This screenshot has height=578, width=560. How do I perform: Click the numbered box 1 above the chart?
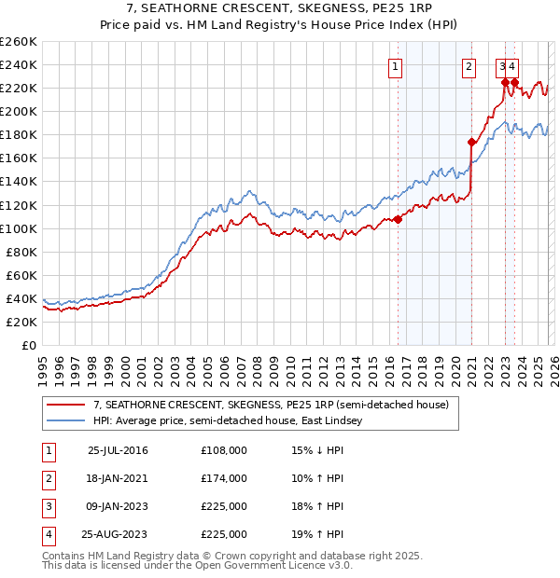point(396,66)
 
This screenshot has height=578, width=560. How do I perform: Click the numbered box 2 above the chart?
point(469,66)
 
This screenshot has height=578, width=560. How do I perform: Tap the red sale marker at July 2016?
point(398,219)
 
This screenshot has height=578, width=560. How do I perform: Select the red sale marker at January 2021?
point(471,142)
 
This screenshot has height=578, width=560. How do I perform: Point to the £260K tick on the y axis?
point(18,42)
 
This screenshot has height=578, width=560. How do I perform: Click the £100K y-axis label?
point(18,228)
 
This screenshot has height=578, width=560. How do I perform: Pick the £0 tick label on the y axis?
point(30,345)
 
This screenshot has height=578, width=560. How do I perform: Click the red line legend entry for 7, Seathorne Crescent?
point(271,405)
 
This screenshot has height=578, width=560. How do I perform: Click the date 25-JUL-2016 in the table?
point(118,450)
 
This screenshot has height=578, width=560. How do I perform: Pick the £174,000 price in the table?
point(223,478)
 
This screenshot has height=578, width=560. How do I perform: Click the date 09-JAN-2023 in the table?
point(118,506)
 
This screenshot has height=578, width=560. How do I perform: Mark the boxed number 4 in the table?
point(49,534)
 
